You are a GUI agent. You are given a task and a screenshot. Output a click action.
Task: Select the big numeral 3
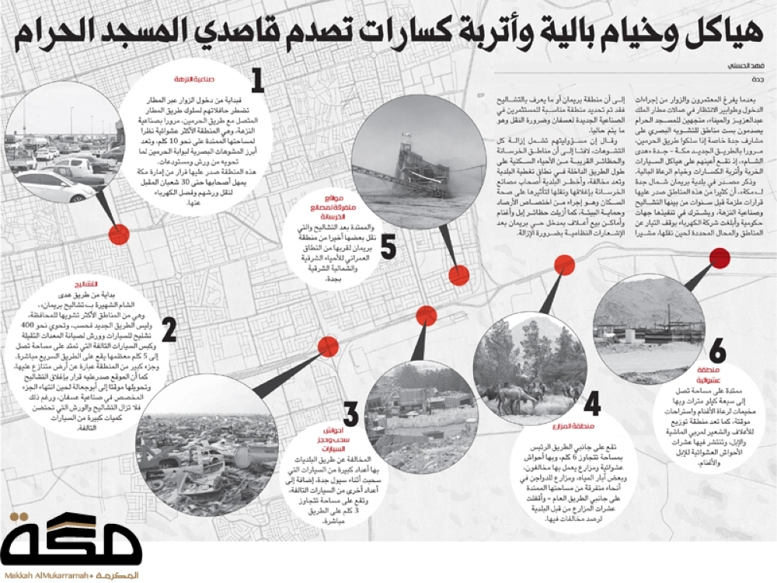point(351,414)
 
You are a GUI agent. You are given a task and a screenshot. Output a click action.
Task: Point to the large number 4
point(593,405)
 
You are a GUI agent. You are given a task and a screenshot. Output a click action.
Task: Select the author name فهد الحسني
point(744,66)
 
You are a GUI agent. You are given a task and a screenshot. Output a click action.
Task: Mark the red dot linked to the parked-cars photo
point(118,233)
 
